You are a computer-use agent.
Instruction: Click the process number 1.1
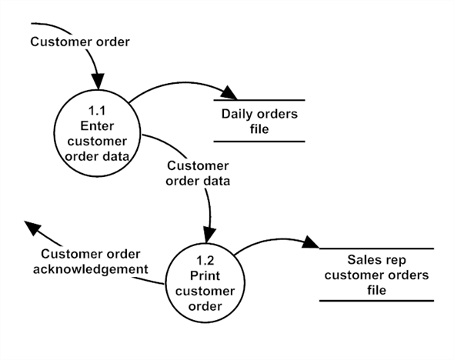point(97,111)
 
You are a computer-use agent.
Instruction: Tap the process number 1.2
point(205,261)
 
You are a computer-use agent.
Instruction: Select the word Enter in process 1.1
point(97,126)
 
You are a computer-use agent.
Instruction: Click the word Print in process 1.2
point(205,275)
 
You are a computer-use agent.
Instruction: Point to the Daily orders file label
point(259,122)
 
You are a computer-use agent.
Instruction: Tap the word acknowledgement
point(91,269)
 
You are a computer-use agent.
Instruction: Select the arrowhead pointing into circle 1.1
point(98,82)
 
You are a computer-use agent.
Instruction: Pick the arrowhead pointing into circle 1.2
point(209,235)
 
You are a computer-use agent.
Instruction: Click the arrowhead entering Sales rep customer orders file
point(310,242)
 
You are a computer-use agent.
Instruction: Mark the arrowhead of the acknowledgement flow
point(32,228)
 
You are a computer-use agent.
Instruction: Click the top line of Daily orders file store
point(259,100)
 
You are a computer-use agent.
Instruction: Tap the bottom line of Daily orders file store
point(259,142)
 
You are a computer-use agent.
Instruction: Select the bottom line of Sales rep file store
point(376,301)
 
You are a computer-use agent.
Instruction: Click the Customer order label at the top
point(80,42)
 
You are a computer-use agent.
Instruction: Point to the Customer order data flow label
point(198,173)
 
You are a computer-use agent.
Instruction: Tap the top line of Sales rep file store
point(376,248)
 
